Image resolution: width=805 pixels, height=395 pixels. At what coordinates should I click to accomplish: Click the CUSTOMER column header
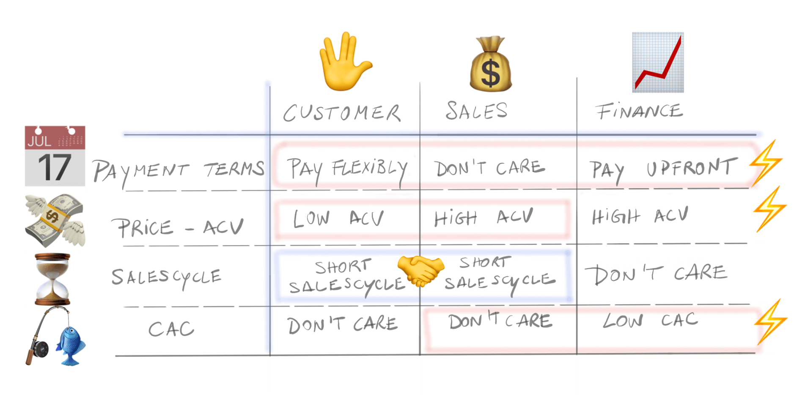(x=342, y=113)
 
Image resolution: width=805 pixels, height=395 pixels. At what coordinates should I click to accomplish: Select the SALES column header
(x=476, y=111)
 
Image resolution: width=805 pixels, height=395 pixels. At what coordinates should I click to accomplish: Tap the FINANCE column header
(x=639, y=111)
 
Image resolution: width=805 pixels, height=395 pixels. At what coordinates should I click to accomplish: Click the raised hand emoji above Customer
(x=345, y=62)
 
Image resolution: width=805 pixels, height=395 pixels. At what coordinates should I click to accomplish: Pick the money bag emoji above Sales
(x=491, y=64)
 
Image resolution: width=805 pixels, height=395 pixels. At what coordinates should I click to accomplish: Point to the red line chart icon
(x=658, y=63)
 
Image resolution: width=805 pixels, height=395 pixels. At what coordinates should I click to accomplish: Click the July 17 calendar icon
(x=55, y=156)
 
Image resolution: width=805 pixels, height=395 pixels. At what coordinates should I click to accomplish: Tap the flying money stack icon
(x=55, y=220)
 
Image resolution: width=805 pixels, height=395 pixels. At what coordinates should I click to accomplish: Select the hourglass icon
(x=52, y=279)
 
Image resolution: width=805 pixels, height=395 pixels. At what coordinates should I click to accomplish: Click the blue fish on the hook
(x=71, y=345)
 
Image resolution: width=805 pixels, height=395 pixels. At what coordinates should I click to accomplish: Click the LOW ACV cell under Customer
(x=338, y=218)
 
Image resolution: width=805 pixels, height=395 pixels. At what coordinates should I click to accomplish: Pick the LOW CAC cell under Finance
(x=651, y=320)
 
